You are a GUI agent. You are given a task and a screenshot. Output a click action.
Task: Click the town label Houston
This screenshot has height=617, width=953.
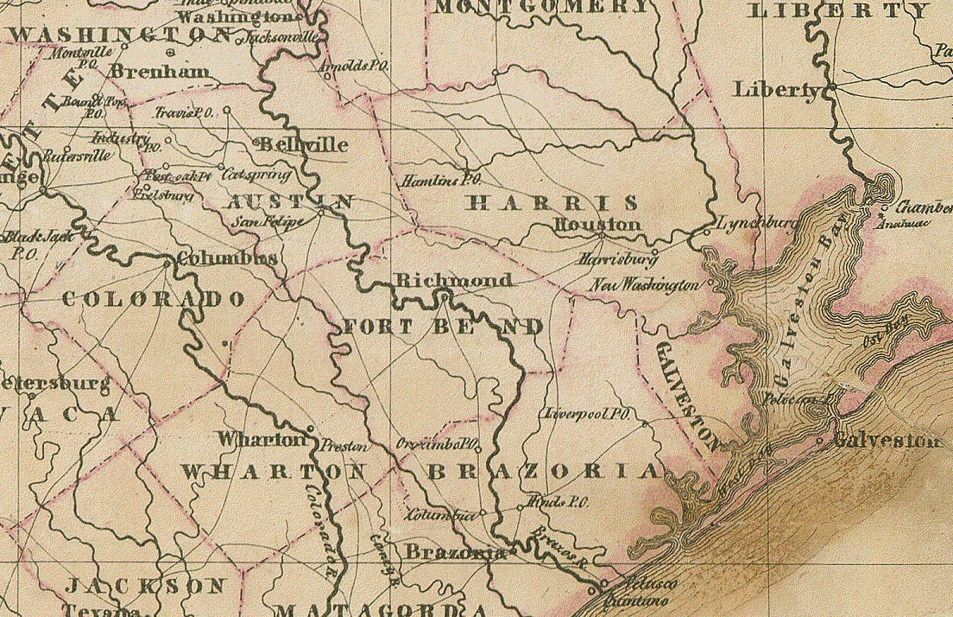click(597, 225)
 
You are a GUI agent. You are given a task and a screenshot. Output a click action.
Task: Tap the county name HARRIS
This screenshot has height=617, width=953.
click(552, 203)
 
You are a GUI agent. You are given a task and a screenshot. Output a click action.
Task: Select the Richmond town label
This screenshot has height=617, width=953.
click(453, 280)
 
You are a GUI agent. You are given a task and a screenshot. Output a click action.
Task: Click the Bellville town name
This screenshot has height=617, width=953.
click(302, 145)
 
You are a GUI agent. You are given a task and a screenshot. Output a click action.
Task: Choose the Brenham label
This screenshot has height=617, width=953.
click(160, 72)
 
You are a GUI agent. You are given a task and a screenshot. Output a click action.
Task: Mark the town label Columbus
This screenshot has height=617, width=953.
click(227, 258)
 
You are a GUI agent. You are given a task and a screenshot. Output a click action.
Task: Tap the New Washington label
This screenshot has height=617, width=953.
click(645, 284)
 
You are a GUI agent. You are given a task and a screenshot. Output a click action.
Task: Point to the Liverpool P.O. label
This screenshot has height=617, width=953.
click(586, 414)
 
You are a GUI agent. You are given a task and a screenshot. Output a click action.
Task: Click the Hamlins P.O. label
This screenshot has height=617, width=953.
click(439, 181)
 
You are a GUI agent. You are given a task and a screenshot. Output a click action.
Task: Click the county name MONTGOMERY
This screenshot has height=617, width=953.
click(541, 8)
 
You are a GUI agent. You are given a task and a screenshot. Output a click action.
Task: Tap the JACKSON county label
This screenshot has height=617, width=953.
click(147, 585)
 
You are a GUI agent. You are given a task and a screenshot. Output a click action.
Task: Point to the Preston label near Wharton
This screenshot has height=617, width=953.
click(344, 447)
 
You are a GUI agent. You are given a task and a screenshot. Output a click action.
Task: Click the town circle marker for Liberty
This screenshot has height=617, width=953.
click(833, 89)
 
